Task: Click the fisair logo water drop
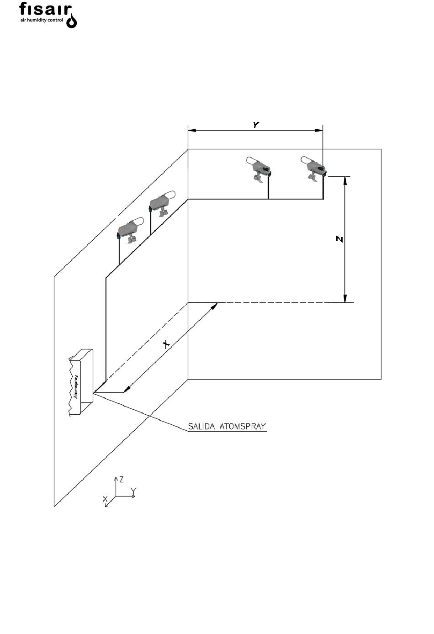(x=71, y=21)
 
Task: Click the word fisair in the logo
(x=45, y=10)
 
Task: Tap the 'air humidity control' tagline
(x=42, y=21)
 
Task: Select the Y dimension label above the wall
(x=256, y=125)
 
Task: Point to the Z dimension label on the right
(x=339, y=239)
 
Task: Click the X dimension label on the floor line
(x=166, y=344)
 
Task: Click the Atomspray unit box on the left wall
(x=81, y=382)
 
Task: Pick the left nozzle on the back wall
(x=259, y=169)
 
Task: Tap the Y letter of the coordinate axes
(x=133, y=491)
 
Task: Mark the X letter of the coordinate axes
(x=105, y=498)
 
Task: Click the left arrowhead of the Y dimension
(x=192, y=131)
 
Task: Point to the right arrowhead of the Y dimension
(x=319, y=131)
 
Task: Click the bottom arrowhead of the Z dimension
(x=345, y=298)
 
